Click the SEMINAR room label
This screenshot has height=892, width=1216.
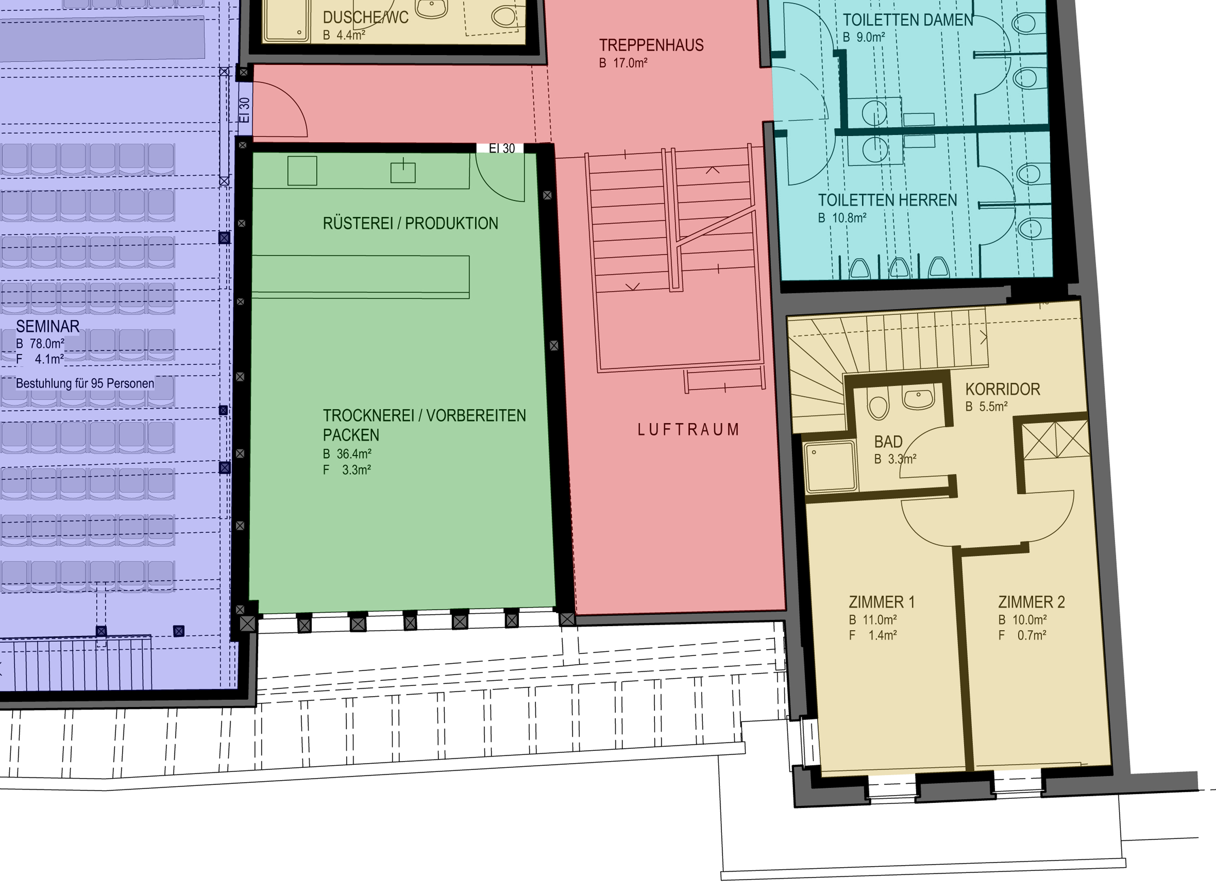47,326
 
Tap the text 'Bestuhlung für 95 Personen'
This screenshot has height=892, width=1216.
85,384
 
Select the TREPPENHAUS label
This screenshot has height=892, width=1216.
651,45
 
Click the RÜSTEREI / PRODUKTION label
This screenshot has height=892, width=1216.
410,223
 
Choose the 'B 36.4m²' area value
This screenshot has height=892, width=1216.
347,454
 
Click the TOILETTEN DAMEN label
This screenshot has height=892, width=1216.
908,20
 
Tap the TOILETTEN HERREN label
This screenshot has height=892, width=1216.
887,200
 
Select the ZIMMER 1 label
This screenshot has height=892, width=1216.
881,602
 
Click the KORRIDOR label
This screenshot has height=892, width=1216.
1002,389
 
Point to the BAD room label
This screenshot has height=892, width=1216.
888,442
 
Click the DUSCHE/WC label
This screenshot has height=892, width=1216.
365,17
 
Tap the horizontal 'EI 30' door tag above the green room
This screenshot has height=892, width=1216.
501,148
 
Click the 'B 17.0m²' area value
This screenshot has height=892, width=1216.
623,62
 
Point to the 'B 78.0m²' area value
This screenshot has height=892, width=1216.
40,343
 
